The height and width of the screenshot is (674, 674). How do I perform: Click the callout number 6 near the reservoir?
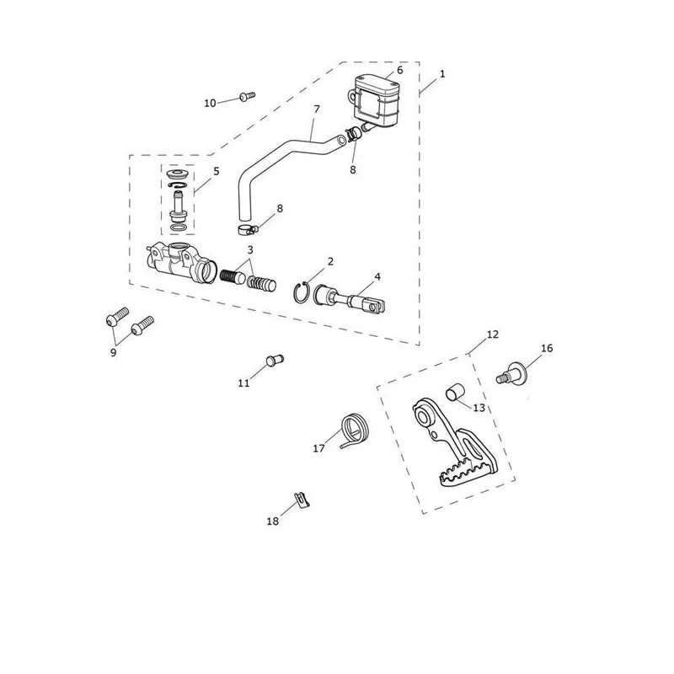point(399,71)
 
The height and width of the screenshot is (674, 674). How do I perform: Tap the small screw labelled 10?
point(247,96)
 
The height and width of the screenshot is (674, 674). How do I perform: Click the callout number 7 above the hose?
point(317,110)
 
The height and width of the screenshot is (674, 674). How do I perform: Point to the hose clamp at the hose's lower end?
point(247,230)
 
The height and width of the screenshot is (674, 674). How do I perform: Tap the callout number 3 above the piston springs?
point(250,249)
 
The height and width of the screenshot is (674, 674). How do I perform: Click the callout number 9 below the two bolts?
point(114,353)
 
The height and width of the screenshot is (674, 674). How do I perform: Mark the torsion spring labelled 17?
point(355,430)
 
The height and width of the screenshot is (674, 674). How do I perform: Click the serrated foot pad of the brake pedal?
point(467,474)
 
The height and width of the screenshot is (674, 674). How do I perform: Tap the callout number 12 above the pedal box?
point(493,334)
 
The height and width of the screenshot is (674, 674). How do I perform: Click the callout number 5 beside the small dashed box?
point(217,171)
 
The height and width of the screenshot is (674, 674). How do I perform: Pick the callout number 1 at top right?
point(442,74)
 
